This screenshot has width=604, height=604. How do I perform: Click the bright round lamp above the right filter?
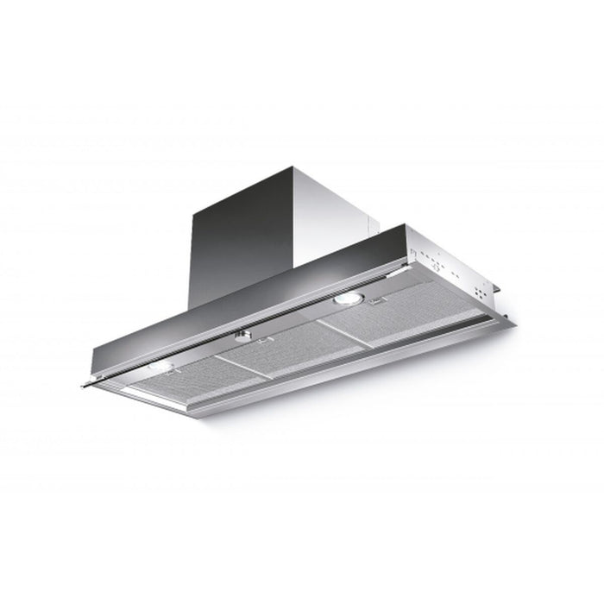click(349, 299)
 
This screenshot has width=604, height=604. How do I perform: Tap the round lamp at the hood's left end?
click(160, 367)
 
